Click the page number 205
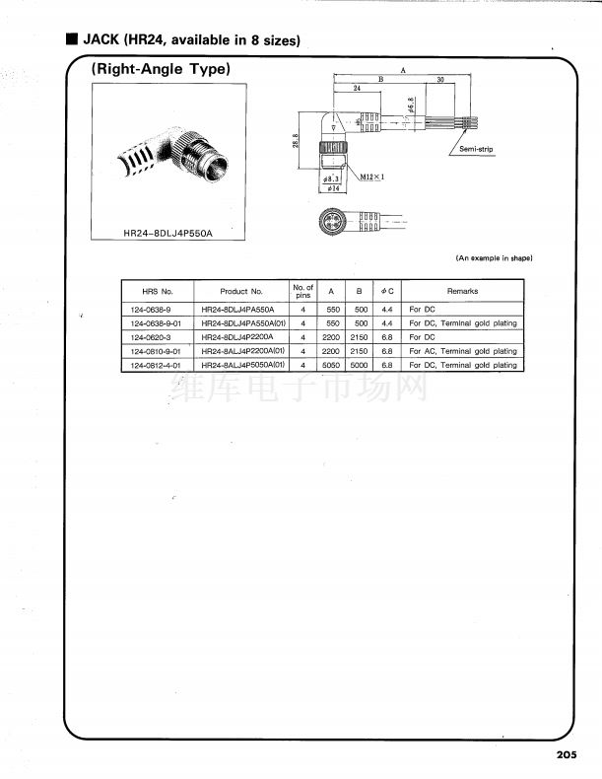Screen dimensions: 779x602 point(566,754)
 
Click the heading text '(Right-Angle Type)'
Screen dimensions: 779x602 point(161,69)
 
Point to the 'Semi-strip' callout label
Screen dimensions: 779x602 point(476,149)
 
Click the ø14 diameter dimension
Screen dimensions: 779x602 point(332,187)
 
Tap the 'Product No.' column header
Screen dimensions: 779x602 point(241,291)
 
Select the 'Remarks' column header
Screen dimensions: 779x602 point(462,291)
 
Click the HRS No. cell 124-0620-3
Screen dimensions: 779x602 point(151,336)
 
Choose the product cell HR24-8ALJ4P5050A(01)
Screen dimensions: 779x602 point(242,365)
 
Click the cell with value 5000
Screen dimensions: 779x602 point(361,365)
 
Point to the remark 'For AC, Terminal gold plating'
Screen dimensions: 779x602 point(463,351)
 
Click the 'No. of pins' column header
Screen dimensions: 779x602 point(303,291)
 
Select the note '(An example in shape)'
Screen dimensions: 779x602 point(494,258)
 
